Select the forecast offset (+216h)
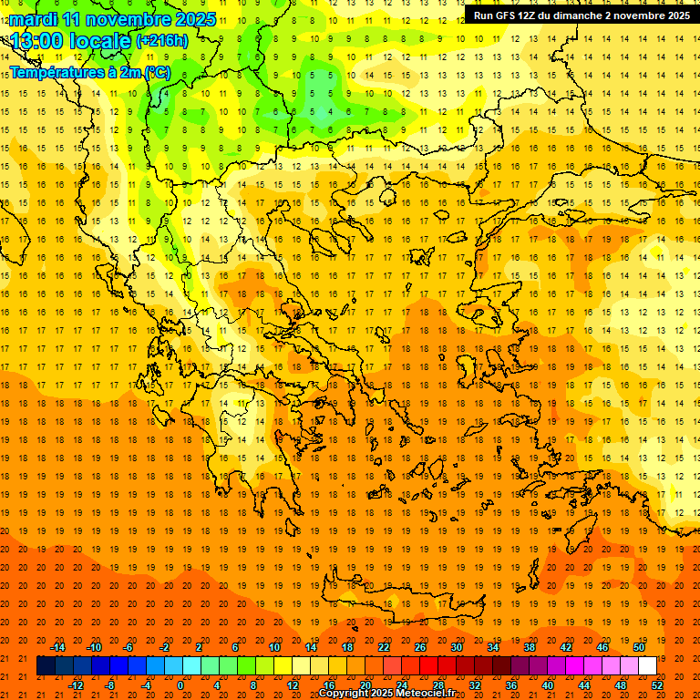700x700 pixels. click(x=162, y=41)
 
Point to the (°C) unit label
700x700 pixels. click(x=157, y=72)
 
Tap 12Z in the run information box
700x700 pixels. click(x=529, y=15)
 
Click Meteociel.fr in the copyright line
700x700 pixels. click(x=426, y=694)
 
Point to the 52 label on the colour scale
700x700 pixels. click(x=657, y=685)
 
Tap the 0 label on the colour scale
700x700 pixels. click(x=180, y=685)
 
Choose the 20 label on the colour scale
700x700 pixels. click(x=365, y=685)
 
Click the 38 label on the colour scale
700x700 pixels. click(x=530, y=647)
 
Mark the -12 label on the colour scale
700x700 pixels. click(x=76, y=685)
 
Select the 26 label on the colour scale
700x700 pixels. click(x=420, y=647)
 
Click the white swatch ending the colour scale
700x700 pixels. click(x=647, y=666)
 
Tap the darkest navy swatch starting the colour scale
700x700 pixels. click(x=46, y=666)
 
